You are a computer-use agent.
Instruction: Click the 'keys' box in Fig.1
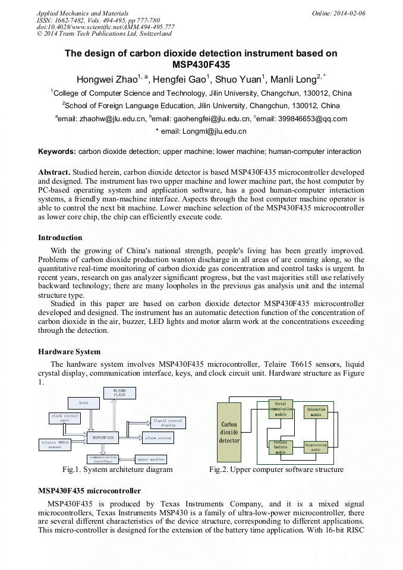pos(84,402)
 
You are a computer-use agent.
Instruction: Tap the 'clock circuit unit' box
pos(65,418)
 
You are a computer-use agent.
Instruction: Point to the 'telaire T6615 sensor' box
pos(55,444)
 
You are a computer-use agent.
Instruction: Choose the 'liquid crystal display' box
pos(168,423)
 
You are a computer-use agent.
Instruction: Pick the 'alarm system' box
pos(158,438)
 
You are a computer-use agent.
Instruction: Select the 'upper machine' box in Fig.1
pos(151,459)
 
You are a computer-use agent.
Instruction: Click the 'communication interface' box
pos(103,459)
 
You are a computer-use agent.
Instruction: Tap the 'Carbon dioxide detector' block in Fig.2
pos(229,432)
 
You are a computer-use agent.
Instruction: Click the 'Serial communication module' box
pos(281,409)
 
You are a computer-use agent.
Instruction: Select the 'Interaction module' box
pos(316,412)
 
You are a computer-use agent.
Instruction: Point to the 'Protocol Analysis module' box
pos(281,447)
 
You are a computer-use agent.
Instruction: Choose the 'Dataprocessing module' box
pos(316,447)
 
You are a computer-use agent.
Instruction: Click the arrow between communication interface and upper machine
pos(127,459)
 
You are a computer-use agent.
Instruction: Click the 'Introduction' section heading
pos(60,238)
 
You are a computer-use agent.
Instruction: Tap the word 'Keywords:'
pos(57,152)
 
